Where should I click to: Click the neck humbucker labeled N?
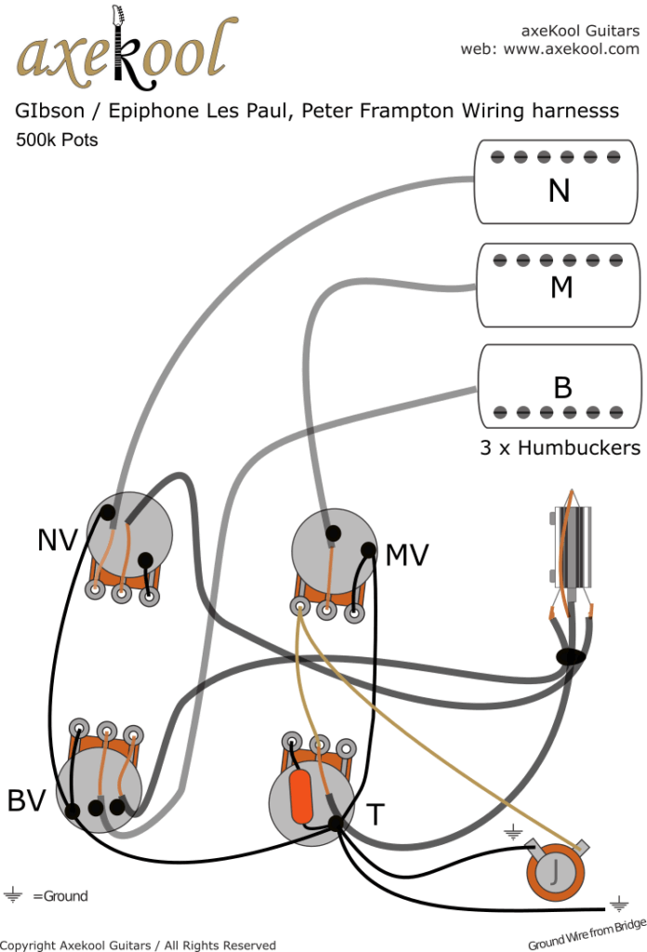pyautogui.click(x=559, y=182)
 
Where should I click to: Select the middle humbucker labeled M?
pyautogui.click(x=559, y=285)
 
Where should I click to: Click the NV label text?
pyautogui.click(x=59, y=539)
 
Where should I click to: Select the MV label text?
pyautogui.click(x=406, y=556)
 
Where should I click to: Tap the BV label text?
pyautogui.click(x=27, y=800)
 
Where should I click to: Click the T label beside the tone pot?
pyautogui.click(x=374, y=814)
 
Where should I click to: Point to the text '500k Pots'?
pyautogui.click(x=57, y=141)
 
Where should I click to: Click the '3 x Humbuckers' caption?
pyautogui.click(x=560, y=447)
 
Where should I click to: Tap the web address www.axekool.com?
pyautogui.click(x=571, y=48)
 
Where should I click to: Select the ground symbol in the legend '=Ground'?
pyautogui.click(x=14, y=896)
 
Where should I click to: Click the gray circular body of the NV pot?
pyautogui.click(x=129, y=532)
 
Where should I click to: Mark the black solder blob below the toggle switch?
pyautogui.click(x=571, y=656)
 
